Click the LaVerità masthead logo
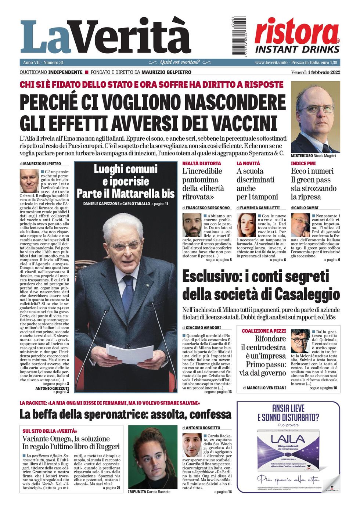point(106,37)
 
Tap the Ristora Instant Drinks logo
point(297,36)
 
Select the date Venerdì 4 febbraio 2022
point(316,72)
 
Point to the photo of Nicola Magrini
point(315,117)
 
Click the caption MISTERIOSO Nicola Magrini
point(313,156)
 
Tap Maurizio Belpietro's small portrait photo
point(29,181)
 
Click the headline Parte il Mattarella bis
point(125,193)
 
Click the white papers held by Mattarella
point(130,353)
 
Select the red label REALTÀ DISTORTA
point(202,163)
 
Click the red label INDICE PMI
point(303,163)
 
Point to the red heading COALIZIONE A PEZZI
point(264,331)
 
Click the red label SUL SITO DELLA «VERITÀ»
point(50,431)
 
